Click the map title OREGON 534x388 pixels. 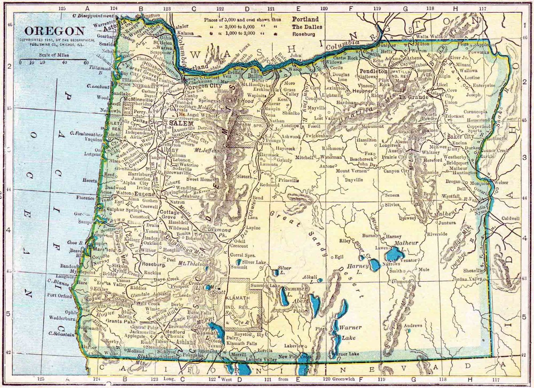click(x=54, y=31)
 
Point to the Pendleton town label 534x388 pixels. click(x=373, y=71)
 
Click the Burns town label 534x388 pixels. click(x=369, y=235)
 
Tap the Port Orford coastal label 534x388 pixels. click(x=59, y=296)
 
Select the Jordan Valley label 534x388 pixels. click(x=468, y=279)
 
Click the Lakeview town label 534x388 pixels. click(x=294, y=346)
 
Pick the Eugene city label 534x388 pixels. click(x=145, y=194)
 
